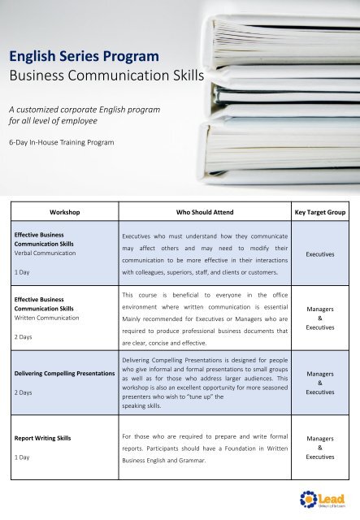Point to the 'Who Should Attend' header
[205, 211]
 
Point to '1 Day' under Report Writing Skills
[24, 458]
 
